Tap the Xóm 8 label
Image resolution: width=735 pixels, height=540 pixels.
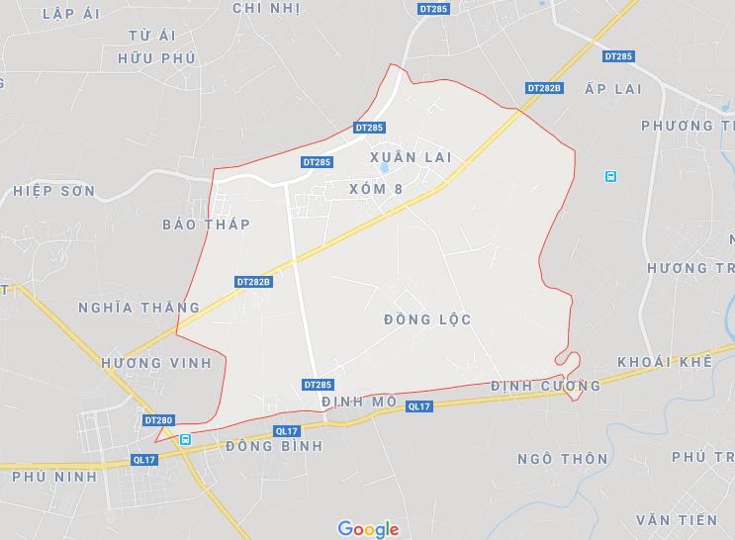(377, 188)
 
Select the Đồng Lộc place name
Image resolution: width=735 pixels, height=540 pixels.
(426, 319)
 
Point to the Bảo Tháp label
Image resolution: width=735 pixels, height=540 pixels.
(207, 225)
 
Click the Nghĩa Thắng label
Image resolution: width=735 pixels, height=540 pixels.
(138, 308)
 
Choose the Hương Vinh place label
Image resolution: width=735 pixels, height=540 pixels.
(156, 363)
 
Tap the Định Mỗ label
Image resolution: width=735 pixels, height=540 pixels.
(359, 402)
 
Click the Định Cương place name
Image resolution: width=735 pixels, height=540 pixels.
(545, 386)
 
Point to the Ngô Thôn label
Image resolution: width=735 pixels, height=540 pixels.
(563, 459)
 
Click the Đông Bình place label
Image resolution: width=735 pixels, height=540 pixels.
(274, 446)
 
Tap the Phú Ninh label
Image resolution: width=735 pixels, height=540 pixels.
(54, 476)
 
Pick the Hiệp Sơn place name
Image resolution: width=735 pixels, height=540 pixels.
(53, 190)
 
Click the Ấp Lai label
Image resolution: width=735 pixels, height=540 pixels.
(613, 89)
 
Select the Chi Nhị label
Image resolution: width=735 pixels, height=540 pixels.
(265, 8)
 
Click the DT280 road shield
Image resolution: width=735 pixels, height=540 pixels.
(158, 420)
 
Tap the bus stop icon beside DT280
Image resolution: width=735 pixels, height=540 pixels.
(185, 439)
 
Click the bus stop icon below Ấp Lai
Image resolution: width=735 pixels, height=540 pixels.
(610, 177)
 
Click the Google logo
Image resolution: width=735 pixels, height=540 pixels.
(368, 529)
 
